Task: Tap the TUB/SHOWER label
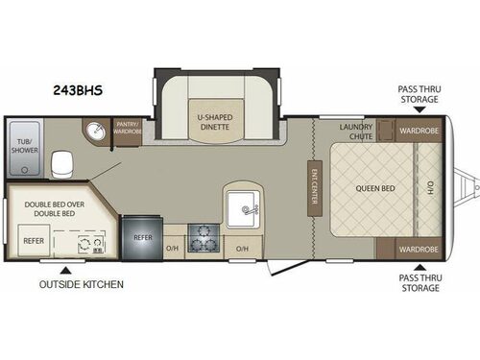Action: pyautogui.click(x=23, y=150)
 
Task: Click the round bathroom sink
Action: pyautogui.click(x=96, y=132)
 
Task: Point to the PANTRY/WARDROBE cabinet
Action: pyautogui.click(x=129, y=130)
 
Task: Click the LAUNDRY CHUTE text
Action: pyautogui.click(x=356, y=131)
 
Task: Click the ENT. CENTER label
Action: pyautogui.click(x=313, y=188)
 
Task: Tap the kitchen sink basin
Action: pyautogui.click(x=245, y=206)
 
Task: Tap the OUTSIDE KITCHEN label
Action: pyautogui.click(x=81, y=284)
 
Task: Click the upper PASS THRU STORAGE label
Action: pyautogui.click(x=420, y=93)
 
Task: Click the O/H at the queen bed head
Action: pyautogui.click(x=430, y=187)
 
